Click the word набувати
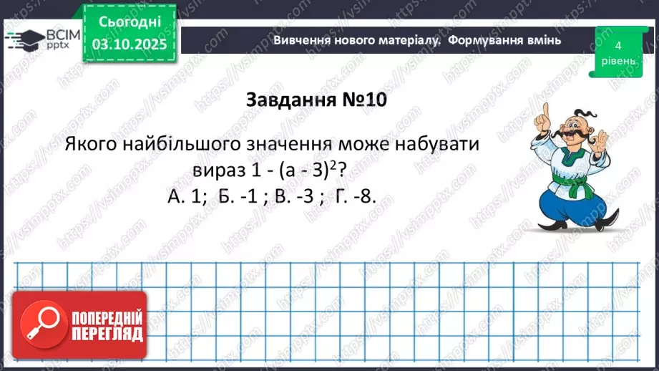coord(434,143)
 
